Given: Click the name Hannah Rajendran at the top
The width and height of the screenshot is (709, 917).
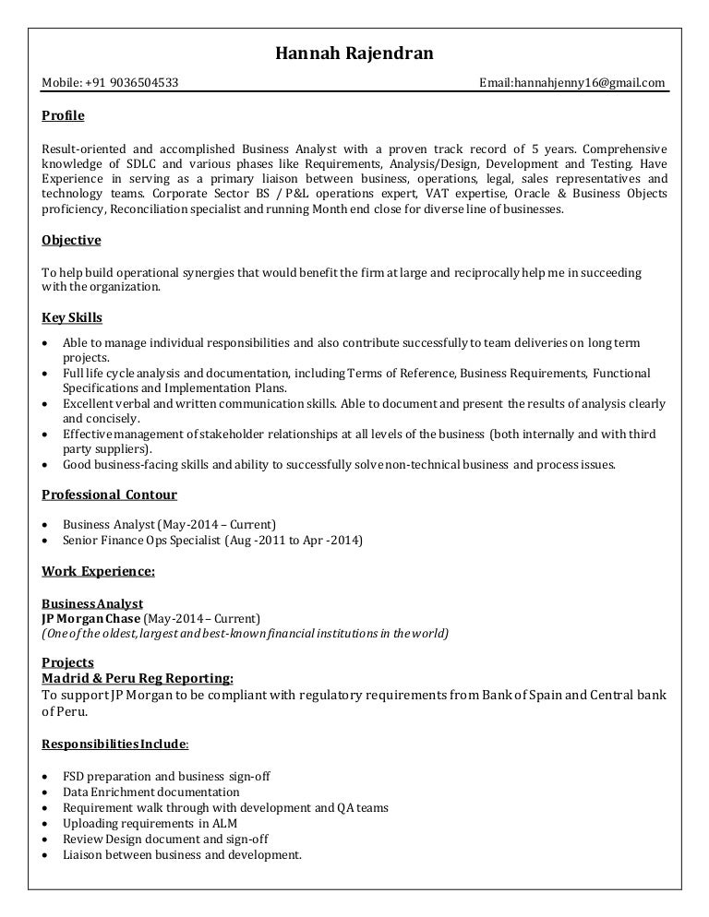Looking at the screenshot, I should [x=354, y=54].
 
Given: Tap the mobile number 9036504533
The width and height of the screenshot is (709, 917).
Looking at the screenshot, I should [x=144, y=83].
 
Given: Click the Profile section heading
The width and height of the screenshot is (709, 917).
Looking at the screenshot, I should [x=63, y=115].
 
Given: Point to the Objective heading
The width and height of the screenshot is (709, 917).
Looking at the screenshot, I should [x=71, y=240].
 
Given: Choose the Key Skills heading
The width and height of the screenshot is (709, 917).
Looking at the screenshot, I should [x=72, y=317].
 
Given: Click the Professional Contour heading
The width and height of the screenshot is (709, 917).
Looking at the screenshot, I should [x=109, y=494].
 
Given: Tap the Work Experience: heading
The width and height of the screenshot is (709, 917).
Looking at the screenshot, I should [x=98, y=571].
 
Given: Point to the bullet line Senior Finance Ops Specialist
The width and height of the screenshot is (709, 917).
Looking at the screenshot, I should [x=212, y=540].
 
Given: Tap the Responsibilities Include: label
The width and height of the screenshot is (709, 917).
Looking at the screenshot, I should [x=115, y=743].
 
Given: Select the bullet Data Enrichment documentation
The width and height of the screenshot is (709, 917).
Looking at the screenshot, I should [x=150, y=792].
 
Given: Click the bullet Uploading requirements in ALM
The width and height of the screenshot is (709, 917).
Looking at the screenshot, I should [x=147, y=823].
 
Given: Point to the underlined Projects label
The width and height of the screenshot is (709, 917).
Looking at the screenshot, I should [x=67, y=662].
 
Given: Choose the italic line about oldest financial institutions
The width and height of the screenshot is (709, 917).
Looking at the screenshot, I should [x=245, y=633].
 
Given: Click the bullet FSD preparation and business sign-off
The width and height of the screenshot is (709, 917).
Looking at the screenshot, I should [x=166, y=776].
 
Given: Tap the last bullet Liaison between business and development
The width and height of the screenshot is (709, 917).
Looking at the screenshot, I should [x=182, y=854].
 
